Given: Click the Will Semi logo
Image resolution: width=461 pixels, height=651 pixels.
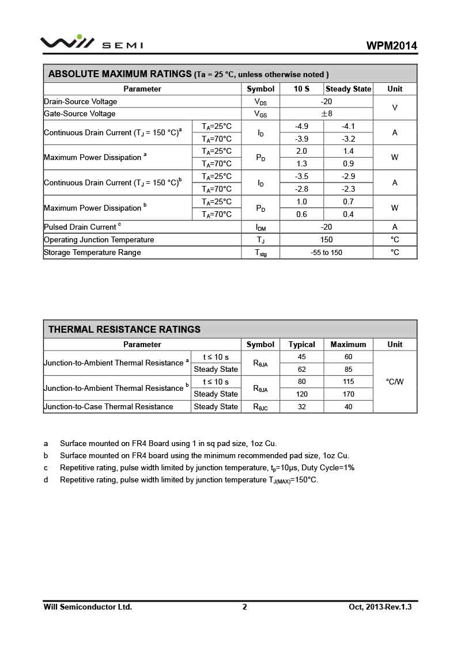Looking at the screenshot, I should (91, 43).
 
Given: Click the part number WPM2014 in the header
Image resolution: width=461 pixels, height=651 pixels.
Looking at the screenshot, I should (391, 46).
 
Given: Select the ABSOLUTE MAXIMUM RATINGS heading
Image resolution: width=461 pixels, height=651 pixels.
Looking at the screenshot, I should (119, 74).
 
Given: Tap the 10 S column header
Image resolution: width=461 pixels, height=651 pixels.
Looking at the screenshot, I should (301, 89).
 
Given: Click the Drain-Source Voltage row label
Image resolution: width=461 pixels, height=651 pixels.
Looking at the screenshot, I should (80, 101).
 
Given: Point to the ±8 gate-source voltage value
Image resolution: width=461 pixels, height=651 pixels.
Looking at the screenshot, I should (326, 113).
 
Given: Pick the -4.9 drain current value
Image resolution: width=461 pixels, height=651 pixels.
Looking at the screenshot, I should (301, 126).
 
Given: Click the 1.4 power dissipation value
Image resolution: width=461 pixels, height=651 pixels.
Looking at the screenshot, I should (348, 151).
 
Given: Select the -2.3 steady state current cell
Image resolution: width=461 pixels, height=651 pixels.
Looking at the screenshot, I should (348, 189).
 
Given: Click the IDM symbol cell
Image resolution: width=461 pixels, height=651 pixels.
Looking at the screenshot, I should (260, 227).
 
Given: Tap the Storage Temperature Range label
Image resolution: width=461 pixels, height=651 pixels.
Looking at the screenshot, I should (92, 252).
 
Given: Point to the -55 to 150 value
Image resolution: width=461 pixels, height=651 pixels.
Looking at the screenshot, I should (326, 252).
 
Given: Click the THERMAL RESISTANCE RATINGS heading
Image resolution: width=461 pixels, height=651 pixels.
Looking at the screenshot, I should (124, 329).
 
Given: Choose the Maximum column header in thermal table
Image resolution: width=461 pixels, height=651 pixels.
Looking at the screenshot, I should (348, 344).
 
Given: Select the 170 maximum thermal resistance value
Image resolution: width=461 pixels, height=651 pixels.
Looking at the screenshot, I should (348, 394).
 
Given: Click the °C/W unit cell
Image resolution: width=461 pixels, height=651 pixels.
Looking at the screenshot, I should (395, 382).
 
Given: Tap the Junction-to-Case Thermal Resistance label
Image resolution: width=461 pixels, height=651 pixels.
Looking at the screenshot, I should (108, 406).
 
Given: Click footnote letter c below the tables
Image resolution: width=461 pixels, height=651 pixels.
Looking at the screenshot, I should (46, 467).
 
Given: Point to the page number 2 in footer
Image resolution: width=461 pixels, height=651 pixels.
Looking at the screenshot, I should (244, 607).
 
